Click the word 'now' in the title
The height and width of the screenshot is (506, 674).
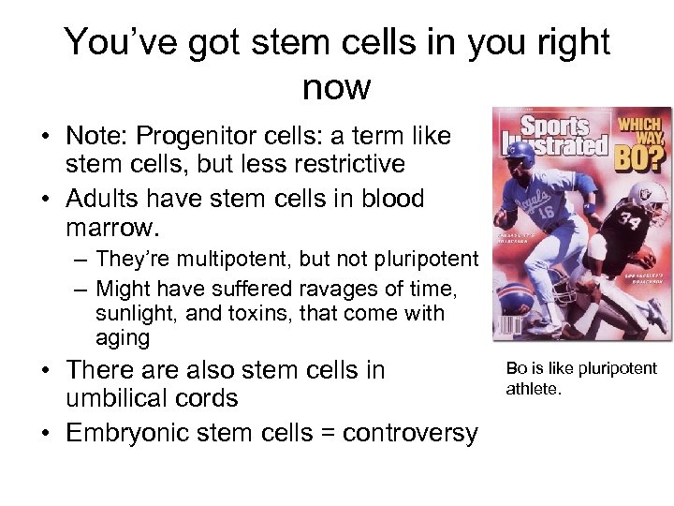[337, 87]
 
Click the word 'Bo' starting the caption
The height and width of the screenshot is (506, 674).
[517, 368]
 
